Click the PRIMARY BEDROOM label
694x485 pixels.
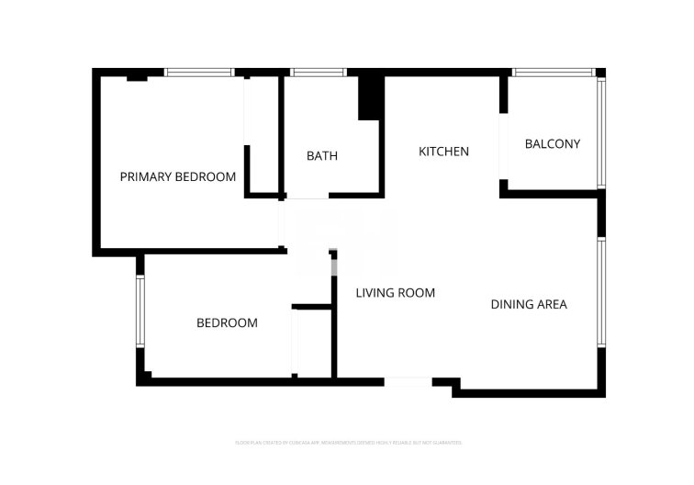pos(178,176)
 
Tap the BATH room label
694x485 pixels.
pos(321,156)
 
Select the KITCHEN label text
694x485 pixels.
pos(443,152)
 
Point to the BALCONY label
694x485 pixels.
pos(552,144)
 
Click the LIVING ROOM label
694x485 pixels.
pos(395,293)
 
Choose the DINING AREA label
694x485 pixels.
pos(528,304)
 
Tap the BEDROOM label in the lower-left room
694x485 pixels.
pos(227,323)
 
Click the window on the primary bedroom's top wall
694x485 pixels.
pos(199,72)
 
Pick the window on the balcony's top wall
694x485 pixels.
pos(553,72)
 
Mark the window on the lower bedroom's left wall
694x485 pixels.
pos(140,311)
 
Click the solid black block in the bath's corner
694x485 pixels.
pos(369,97)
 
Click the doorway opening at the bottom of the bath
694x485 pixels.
pos(307,197)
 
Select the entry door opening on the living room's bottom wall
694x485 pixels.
pos(407,381)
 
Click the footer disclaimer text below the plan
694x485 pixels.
pos(348,443)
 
